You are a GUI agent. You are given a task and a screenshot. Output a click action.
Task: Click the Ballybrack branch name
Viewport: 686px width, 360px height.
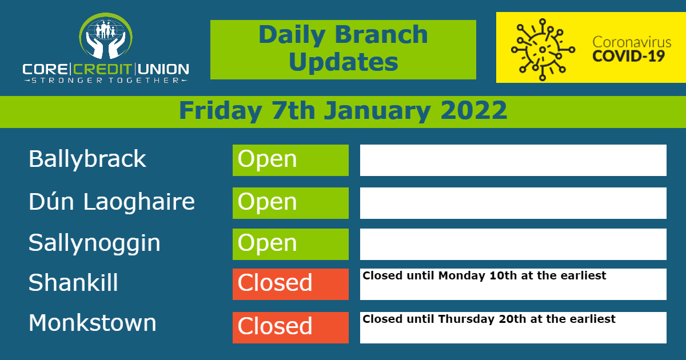tap(87, 159)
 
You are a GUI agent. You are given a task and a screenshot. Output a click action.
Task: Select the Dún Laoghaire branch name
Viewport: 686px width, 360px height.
tap(112, 202)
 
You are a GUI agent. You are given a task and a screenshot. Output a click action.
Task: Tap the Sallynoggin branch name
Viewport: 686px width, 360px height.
tap(94, 243)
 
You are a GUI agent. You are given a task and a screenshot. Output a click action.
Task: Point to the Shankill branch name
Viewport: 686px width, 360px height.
tap(73, 282)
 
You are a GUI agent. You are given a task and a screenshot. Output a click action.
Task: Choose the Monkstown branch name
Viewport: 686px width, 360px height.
tap(93, 323)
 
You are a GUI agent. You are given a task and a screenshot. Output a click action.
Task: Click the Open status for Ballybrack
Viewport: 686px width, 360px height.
tap(290, 160)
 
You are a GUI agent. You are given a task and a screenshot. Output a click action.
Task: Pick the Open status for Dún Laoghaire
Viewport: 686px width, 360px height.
tap(290, 203)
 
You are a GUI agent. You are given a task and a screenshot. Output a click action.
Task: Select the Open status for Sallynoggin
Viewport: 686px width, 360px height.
tap(290, 244)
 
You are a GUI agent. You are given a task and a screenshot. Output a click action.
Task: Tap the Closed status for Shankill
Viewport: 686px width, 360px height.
tap(290, 284)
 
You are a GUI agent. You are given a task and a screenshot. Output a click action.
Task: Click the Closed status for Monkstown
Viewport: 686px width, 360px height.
tap(290, 327)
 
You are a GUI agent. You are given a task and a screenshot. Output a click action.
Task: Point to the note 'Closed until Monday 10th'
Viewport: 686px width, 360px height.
tap(484, 276)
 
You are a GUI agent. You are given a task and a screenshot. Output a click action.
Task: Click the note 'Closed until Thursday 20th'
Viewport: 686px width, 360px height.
tap(489, 319)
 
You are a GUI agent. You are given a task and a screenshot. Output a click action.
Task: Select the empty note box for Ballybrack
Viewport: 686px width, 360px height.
tap(513, 160)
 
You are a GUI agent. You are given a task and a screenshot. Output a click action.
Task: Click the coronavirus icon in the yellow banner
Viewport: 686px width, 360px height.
tap(543, 50)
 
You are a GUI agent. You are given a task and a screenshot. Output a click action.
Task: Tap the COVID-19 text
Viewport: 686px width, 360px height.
tap(628, 56)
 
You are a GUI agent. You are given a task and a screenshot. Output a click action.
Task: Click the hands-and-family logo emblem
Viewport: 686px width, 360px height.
tap(106, 36)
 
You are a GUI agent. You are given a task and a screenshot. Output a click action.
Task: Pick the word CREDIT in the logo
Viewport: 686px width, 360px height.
tap(102, 70)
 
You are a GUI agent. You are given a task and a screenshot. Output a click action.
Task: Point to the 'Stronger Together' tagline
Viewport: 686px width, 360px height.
tap(106, 81)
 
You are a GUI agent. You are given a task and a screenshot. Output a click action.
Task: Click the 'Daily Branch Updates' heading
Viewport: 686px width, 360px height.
tap(343, 49)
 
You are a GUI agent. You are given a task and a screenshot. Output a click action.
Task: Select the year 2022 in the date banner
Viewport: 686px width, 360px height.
tap(473, 110)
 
